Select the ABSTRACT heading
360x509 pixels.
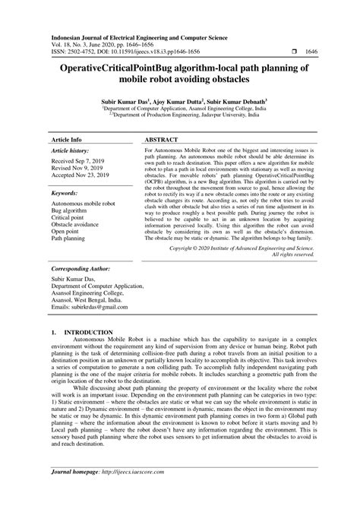pos(162,141)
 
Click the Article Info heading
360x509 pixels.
pos(66,141)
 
